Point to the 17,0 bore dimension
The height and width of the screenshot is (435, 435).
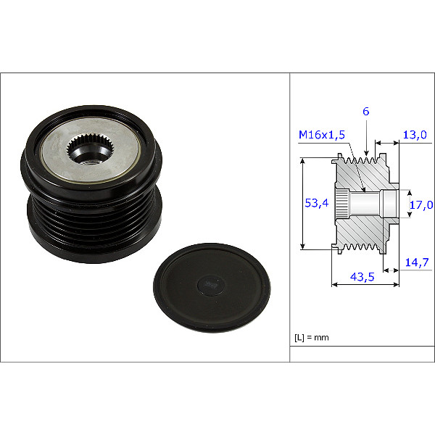[422, 205]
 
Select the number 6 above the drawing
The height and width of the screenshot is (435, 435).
[366, 111]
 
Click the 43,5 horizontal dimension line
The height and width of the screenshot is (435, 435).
[362, 285]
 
